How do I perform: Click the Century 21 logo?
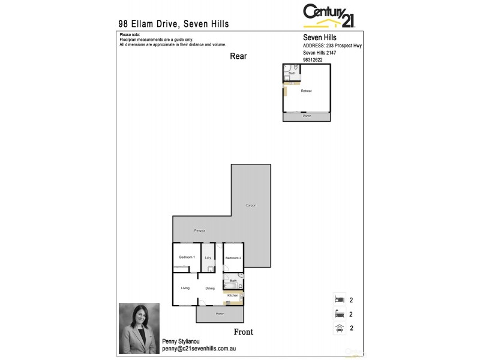[329, 15]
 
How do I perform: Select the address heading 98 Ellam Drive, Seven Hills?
[173, 24]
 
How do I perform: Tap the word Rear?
[238, 56]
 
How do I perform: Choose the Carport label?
[251, 206]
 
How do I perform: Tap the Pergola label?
[200, 230]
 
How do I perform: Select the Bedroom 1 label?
[187, 257]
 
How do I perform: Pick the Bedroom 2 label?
[233, 258]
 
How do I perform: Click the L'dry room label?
[208, 258]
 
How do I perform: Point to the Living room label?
[185, 288]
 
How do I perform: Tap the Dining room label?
[210, 289]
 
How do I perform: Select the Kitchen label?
[233, 295]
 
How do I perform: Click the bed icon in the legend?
[339, 299]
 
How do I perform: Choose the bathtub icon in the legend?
[339, 313]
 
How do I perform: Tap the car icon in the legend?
[339, 328]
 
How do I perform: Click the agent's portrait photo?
[139, 328]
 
